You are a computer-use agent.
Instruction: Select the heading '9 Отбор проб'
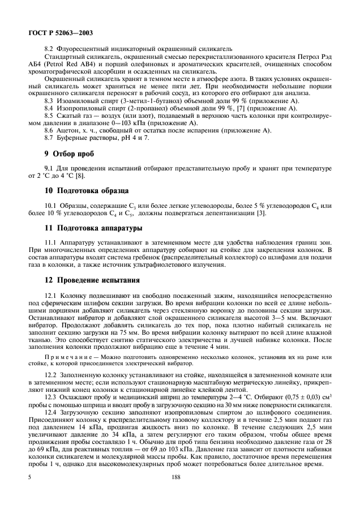(70, 153)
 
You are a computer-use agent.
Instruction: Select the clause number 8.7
(49, 138)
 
